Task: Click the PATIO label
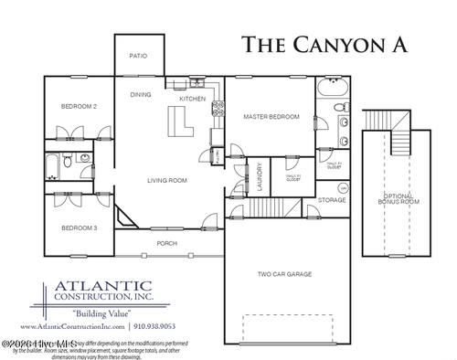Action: point(138,55)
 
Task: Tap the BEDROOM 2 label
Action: point(79,107)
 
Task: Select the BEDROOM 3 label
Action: point(79,228)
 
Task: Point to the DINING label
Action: point(141,94)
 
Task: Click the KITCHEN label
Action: point(192,98)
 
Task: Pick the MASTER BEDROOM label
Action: point(271,117)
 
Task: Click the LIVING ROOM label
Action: point(167,180)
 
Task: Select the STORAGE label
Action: point(331,199)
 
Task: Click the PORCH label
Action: point(167,243)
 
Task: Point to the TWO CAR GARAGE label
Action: point(285,273)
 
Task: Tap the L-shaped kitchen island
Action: point(178,121)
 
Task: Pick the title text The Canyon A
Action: point(324,44)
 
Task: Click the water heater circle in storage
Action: point(343,188)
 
